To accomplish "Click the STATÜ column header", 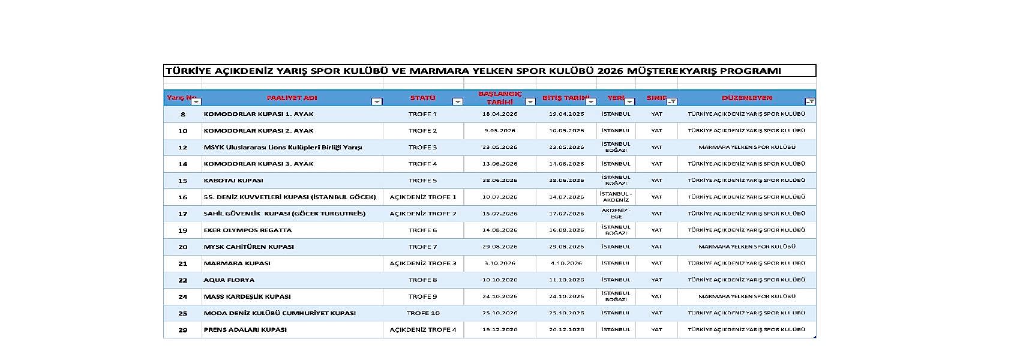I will coord(422,98).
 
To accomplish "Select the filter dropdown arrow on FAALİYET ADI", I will coord(377,102).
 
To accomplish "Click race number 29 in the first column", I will coord(183,329).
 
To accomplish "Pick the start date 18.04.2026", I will coord(500,114).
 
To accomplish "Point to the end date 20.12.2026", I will coord(566,329).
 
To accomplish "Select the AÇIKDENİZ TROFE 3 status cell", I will coord(423,263).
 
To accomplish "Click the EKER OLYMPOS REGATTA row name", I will coord(248,230).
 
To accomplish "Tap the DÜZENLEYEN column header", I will coord(746,98).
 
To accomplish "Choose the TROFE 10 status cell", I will coord(423,313).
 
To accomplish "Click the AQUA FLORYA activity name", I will coord(229,280).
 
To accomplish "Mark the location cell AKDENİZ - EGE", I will coord(616,214).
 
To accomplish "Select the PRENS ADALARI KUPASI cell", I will coord(245,329).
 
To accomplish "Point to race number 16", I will coord(183,197).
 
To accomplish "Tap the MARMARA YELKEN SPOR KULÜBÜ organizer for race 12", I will coord(746,147).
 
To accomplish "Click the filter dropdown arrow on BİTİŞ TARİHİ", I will coord(591,102).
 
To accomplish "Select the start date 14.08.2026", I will coord(500,230).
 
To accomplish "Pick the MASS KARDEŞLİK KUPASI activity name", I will coord(247,296).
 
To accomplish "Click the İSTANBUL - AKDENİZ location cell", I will coord(616,197).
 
